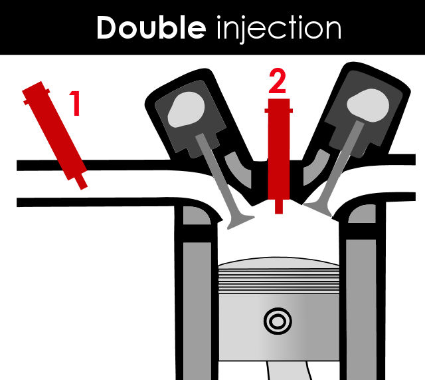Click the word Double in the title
click(x=151, y=27)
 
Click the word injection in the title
click(x=279, y=29)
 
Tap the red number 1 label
click(x=75, y=103)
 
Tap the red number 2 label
click(x=277, y=81)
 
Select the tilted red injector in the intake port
click(x=54, y=135)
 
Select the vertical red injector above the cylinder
click(x=279, y=156)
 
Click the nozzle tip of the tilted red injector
click(x=82, y=185)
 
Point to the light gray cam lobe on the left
click(x=186, y=109)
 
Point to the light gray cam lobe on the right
click(x=368, y=105)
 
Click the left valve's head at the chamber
click(x=240, y=222)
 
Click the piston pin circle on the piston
click(x=278, y=321)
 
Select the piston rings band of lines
click(x=279, y=280)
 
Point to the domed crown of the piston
click(x=279, y=262)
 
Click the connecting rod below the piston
click(x=289, y=371)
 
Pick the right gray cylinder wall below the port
click(x=361, y=309)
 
